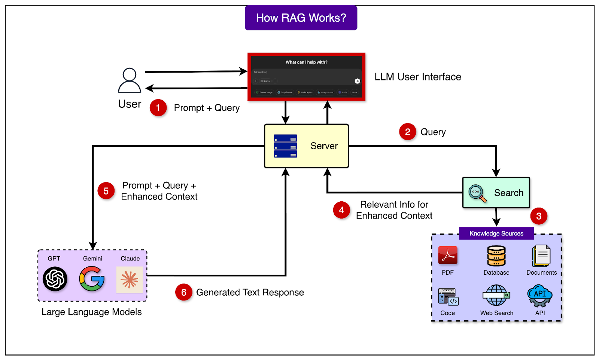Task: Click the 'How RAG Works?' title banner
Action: pos(301,18)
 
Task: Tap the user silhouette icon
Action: pos(130,80)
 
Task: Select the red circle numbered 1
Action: pos(158,108)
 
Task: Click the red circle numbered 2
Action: pos(408,132)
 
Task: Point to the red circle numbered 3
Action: pos(539,216)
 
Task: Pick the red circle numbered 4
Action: pos(341,210)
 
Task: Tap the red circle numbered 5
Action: pos(106,191)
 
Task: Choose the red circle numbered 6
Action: pos(183,292)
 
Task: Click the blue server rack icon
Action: pos(285,146)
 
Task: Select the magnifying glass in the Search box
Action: pos(477,193)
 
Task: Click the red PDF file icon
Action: pos(448,256)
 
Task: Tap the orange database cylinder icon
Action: pos(496,256)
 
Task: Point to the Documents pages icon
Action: pos(541,256)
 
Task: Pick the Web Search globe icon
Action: pos(496,296)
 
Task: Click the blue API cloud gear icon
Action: pos(540,296)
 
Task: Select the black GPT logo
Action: pos(55,279)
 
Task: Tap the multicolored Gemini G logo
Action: pos(92,279)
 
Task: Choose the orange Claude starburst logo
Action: pos(130,280)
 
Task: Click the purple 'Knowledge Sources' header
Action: pos(496,234)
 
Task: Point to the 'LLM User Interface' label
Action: pos(418,77)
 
